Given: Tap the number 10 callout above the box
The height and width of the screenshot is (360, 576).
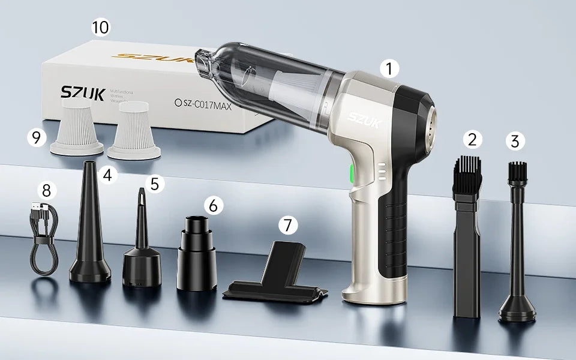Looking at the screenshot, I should (x=100, y=28).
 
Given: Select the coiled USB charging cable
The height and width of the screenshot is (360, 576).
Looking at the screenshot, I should (x=44, y=240).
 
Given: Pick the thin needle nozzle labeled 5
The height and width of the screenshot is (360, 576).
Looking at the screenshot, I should (x=142, y=246).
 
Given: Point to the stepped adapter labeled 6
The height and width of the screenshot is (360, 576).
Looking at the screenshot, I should (x=197, y=252).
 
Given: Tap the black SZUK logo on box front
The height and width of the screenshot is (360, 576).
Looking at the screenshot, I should (x=83, y=93).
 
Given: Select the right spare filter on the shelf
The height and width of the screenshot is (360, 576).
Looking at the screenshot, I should (x=133, y=130).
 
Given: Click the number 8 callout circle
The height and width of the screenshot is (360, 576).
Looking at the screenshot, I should (x=47, y=191).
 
